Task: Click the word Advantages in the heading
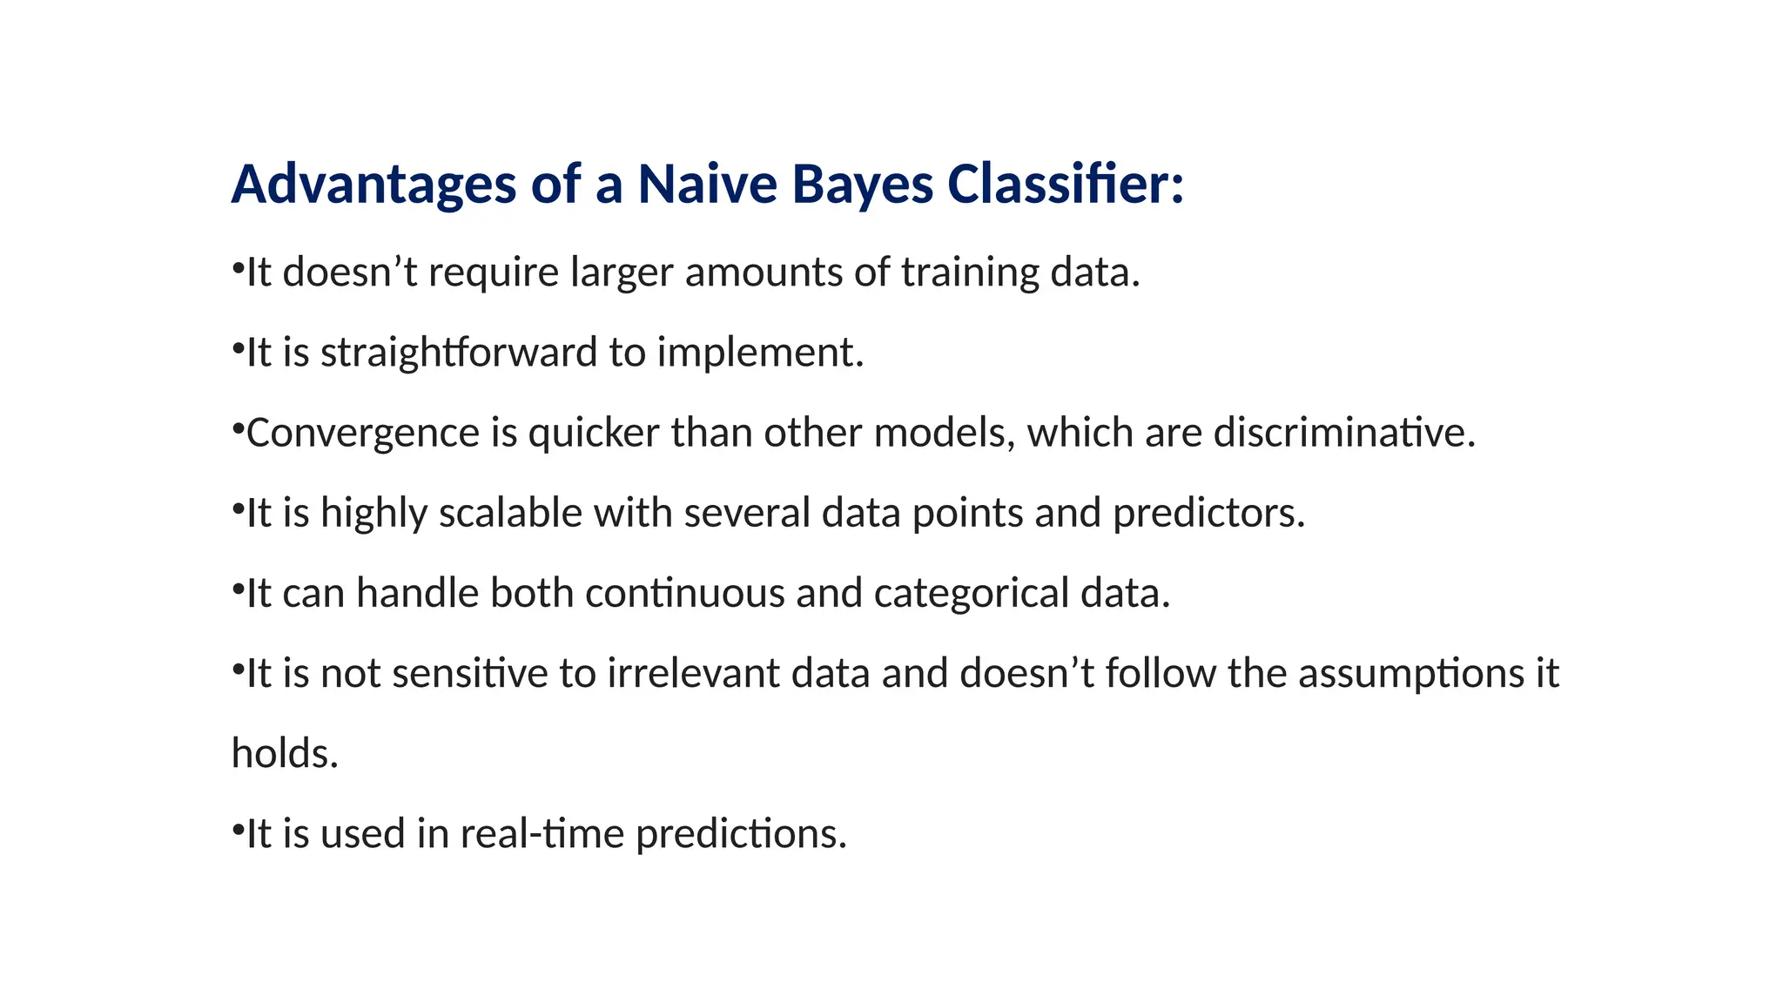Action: [373, 185]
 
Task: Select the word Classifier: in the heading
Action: [1066, 185]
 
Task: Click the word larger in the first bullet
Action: [622, 273]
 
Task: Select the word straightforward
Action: [459, 353]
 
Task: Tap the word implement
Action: [760, 353]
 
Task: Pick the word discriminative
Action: [1344, 433]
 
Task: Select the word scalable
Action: [510, 513]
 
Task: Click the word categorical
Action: [972, 593]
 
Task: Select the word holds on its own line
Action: [284, 753]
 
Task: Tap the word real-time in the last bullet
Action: [542, 834]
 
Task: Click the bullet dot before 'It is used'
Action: [237, 828]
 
